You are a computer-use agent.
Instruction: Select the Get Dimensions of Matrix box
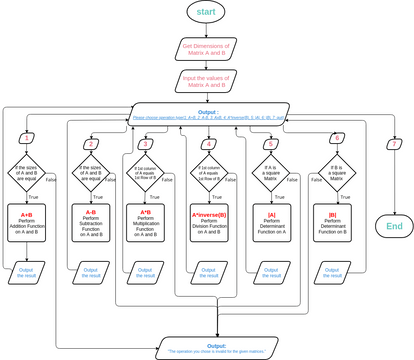[x=206, y=49]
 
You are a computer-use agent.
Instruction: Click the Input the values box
[x=206, y=79]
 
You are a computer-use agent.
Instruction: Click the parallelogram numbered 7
[x=393, y=145]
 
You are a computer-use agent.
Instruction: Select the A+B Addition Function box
[x=28, y=223]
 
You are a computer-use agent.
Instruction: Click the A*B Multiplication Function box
[x=144, y=223]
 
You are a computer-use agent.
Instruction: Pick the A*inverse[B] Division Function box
[x=207, y=223]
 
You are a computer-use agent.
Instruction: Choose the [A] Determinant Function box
[x=270, y=223]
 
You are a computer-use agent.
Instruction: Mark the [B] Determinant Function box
[x=331, y=223]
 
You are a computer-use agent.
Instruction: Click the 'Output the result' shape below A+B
[x=28, y=272]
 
